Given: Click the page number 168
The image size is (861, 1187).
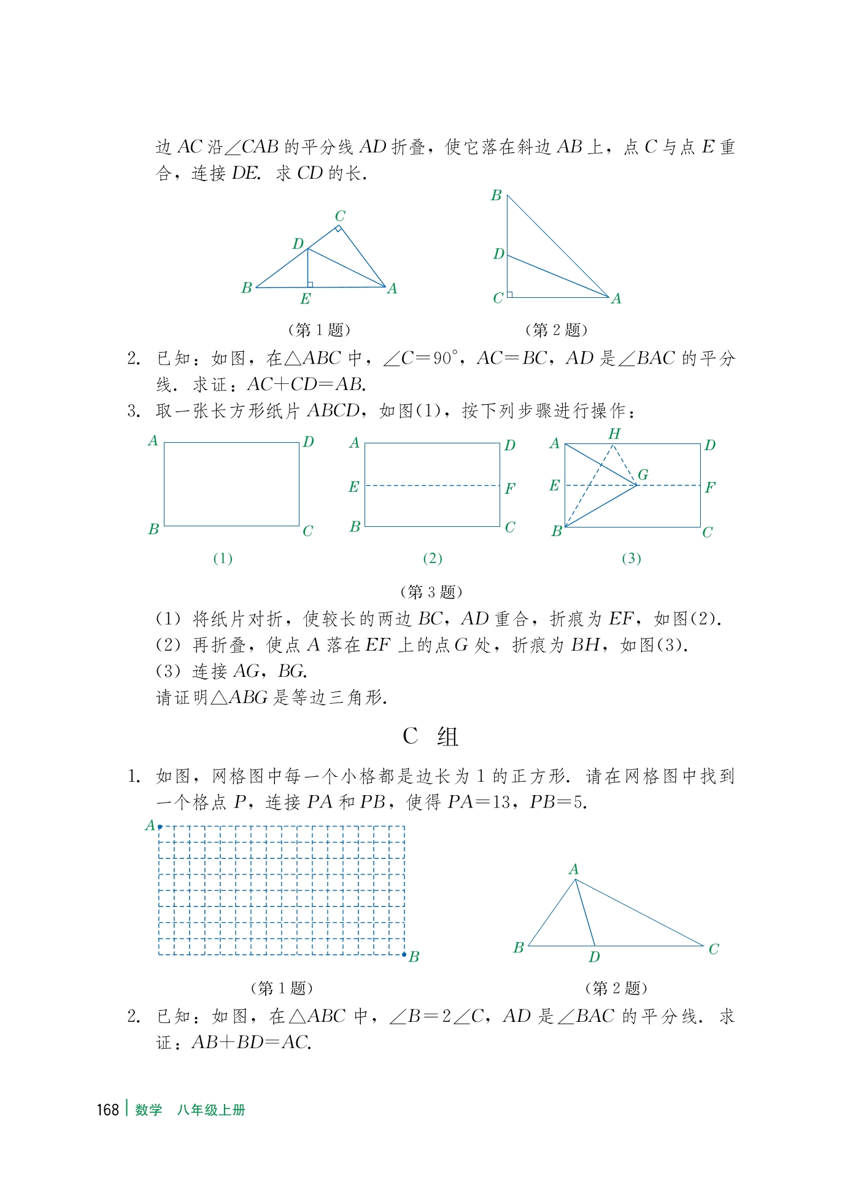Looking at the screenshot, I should pos(107,1110).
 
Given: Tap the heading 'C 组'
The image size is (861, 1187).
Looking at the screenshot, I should pos(430,736).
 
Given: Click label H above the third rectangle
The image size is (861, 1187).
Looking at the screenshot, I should pos(614,434).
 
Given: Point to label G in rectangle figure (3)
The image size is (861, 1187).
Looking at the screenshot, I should pos(643,474).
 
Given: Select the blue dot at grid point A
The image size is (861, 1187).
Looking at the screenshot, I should pos(160,827).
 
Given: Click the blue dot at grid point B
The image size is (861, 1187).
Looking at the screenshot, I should pos(404,954).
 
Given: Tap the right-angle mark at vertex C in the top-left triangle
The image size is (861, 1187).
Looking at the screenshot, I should pos(338,229).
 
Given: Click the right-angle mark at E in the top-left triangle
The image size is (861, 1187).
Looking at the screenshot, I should pos(311,284).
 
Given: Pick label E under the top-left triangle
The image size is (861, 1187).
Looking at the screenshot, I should pos(306,299).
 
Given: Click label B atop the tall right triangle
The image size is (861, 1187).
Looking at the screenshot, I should pos(496,195).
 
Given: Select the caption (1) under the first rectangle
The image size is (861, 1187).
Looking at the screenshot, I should pos(223,558).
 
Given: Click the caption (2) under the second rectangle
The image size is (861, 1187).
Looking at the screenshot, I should pos(433,558).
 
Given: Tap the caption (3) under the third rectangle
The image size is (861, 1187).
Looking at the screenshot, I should pos(631,558).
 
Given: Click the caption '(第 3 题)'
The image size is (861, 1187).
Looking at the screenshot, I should pos(431,592).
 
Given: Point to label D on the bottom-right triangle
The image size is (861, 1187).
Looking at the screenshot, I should pos(594,957).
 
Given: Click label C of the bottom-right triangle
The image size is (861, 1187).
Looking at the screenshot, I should pos(714,949).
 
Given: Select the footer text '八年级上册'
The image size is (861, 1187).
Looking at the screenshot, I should pos(211,1110).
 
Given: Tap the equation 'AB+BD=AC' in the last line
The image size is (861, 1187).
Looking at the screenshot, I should pos(251,1043).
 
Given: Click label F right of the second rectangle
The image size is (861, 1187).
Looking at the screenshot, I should pos(510,489).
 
